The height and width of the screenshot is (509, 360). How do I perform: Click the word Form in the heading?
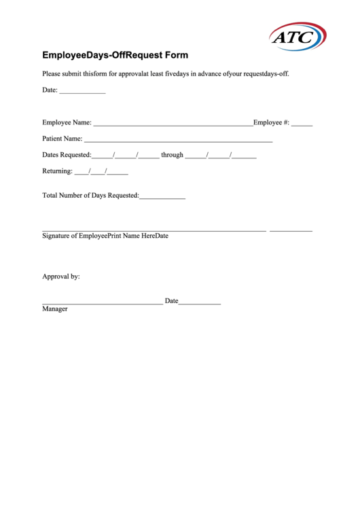176,55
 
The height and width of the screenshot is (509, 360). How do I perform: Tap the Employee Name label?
67,122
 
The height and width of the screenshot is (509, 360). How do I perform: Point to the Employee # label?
271,122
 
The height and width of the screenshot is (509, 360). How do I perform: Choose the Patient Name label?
62,139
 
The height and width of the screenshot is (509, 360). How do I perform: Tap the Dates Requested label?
67,155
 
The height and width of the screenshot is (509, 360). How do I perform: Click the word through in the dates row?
172,155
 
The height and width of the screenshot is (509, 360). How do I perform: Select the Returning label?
57,171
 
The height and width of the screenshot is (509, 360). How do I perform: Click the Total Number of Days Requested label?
90,196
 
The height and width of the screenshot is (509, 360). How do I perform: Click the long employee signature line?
154,231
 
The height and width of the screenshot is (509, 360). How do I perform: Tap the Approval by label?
61,277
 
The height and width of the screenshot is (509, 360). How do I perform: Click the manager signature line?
102,303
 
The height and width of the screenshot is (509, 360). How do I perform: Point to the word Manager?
55,309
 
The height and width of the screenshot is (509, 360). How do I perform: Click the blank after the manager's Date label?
200,303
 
